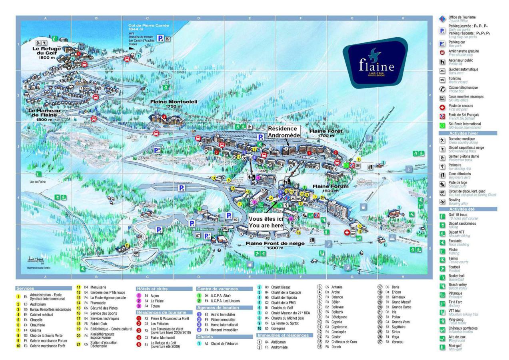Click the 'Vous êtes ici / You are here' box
point(265,222)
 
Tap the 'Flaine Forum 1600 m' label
point(331,188)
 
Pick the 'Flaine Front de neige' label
point(275,245)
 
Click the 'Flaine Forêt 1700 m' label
point(326,134)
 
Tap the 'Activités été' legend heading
point(464,209)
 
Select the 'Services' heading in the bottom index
point(26,288)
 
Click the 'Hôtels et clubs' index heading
point(152,289)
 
